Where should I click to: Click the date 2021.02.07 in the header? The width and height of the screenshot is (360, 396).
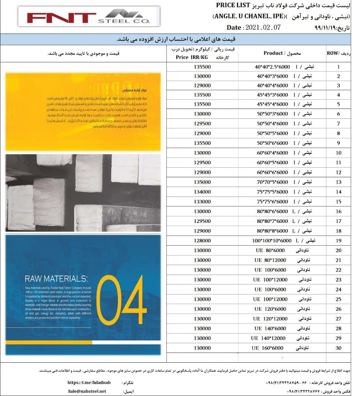coord(263,27)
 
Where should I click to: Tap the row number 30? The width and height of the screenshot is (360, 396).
coord(338,348)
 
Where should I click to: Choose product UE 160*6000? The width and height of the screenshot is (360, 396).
coord(268,348)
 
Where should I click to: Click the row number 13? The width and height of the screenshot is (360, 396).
coord(338,182)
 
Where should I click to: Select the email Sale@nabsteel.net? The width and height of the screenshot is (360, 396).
coord(87,391)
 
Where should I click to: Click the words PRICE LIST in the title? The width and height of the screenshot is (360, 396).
coord(233,5)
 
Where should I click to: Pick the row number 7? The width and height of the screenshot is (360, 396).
coord(338,124)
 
